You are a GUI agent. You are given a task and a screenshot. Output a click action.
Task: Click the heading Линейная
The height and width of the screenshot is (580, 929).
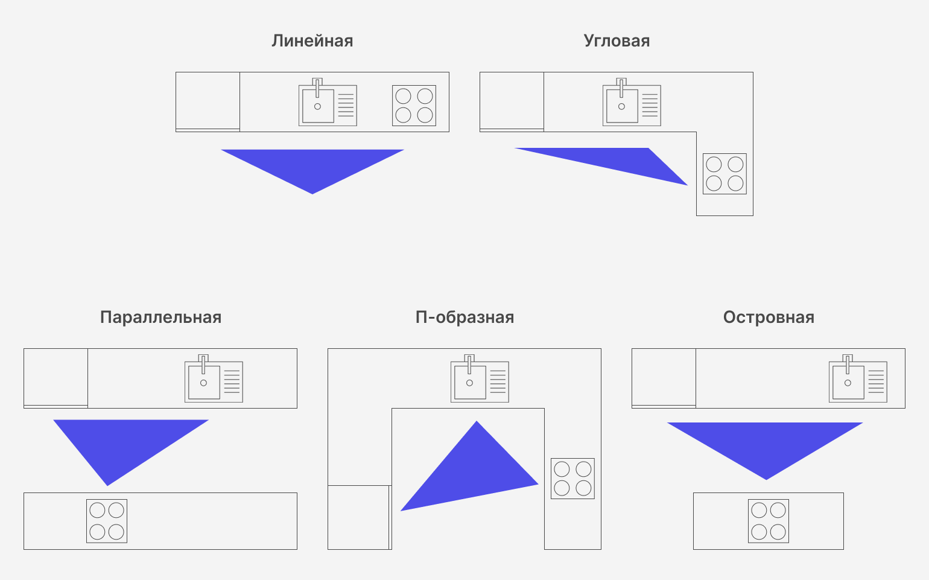pyautogui.click(x=312, y=40)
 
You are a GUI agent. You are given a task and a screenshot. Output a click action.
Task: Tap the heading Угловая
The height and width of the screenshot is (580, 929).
pyautogui.click(x=617, y=40)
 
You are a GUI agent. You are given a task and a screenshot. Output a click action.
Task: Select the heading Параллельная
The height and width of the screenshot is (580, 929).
pyautogui.click(x=160, y=317)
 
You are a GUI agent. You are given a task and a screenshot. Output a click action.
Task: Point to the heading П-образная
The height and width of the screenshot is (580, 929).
pyautogui.click(x=464, y=317)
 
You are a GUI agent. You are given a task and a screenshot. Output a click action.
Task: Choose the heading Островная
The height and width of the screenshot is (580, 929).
pyautogui.click(x=769, y=317)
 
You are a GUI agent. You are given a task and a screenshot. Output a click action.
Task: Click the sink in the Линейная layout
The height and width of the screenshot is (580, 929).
pyautogui.click(x=328, y=102)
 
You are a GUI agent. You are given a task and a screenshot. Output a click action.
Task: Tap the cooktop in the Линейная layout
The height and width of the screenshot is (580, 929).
pyautogui.click(x=414, y=106)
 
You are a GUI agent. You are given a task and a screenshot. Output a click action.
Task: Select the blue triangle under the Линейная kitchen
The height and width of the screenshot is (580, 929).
pyautogui.click(x=312, y=165)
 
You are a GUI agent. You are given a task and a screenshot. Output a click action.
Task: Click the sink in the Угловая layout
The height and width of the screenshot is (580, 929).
pyautogui.click(x=632, y=102)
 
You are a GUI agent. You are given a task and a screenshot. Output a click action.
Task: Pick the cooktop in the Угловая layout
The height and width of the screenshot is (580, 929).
pyautogui.click(x=724, y=174)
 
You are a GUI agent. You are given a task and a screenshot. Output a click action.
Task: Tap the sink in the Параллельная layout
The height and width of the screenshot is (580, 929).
pyautogui.click(x=214, y=378)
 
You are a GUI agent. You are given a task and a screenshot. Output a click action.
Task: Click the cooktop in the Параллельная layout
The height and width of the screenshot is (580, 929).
pyautogui.click(x=107, y=521)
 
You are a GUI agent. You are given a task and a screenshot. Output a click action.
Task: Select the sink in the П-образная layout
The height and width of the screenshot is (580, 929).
pyautogui.click(x=480, y=378)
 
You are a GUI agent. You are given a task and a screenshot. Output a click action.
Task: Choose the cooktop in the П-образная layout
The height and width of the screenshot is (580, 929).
pyautogui.click(x=572, y=479)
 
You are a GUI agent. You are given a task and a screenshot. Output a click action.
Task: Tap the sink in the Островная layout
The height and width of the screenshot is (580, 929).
pyautogui.click(x=858, y=378)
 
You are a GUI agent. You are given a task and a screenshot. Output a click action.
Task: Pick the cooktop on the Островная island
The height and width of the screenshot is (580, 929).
pyautogui.click(x=769, y=521)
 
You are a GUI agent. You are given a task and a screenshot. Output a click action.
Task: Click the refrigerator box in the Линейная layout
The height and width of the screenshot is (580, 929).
pyautogui.click(x=208, y=102)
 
